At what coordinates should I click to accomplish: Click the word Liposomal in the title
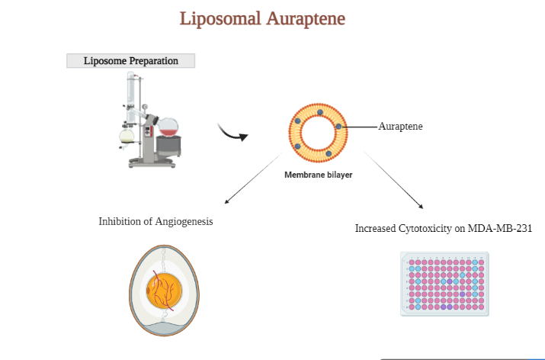click(x=220, y=19)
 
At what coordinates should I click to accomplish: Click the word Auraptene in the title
click(x=306, y=19)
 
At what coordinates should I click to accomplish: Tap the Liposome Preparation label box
click(x=130, y=61)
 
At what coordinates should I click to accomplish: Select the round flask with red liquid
click(x=168, y=127)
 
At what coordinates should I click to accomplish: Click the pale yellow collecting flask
click(x=127, y=136)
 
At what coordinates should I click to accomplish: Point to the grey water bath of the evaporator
click(x=168, y=146)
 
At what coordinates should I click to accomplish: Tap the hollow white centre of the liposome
click(x=318, y=133)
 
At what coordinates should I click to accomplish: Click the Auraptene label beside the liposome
click(x=400, y=127)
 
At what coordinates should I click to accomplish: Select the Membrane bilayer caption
click(x=319, y=175)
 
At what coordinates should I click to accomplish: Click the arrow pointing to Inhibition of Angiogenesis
click(x=254, y=178)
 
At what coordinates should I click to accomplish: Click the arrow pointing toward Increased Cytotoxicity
click(x=393, y=179)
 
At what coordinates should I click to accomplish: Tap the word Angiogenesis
click(x=184, y=221)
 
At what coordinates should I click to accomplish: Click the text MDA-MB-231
click(x=500, y=228)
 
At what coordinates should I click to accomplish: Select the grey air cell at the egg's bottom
click(x=164, y=329)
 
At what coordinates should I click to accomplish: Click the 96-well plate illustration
click(x=444, y=284)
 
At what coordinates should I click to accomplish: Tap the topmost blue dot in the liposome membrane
click(x=320, y=112)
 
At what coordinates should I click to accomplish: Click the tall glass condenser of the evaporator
click(x=130, y=98)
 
